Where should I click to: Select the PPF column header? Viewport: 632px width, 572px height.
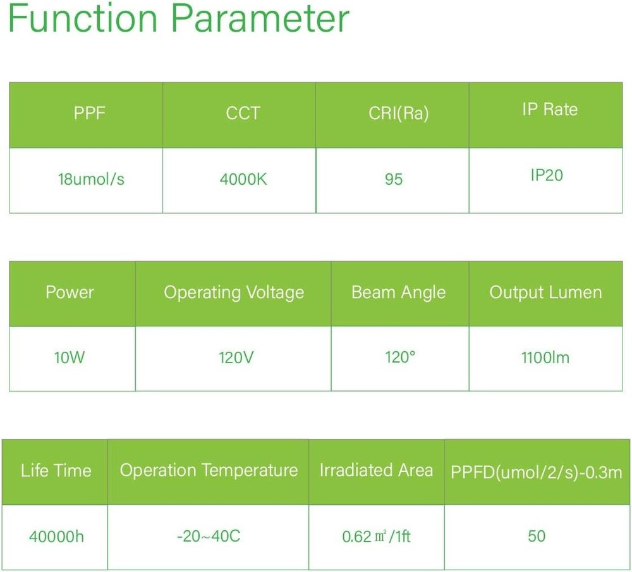point(90,113)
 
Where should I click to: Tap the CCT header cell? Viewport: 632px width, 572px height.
point(243,113)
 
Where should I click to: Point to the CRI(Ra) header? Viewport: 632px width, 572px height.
point(399,113)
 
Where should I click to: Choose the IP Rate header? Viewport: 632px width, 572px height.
point(550,109)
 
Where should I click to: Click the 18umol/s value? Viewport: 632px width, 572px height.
point(91,179)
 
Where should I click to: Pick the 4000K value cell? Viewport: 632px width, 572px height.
point(243,179)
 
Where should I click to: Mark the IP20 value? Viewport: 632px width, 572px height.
point(547,175)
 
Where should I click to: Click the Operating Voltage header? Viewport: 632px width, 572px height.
point(234,292)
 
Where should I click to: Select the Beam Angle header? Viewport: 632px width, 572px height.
point(399,292)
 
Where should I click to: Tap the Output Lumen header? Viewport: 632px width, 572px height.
point(546,292)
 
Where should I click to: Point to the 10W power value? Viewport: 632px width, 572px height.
point(70,357)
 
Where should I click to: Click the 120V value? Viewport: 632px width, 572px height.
point(236,357)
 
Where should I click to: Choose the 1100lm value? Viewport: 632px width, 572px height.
point(545,357)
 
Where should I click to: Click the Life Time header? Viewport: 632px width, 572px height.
point(56,471)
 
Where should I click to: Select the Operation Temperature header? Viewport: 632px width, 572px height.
point(209,471)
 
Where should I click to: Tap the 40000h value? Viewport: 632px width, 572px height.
point(56,537)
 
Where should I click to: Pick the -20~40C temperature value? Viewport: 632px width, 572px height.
point(209,536)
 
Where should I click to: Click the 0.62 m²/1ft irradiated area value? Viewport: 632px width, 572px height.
point(376,537)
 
